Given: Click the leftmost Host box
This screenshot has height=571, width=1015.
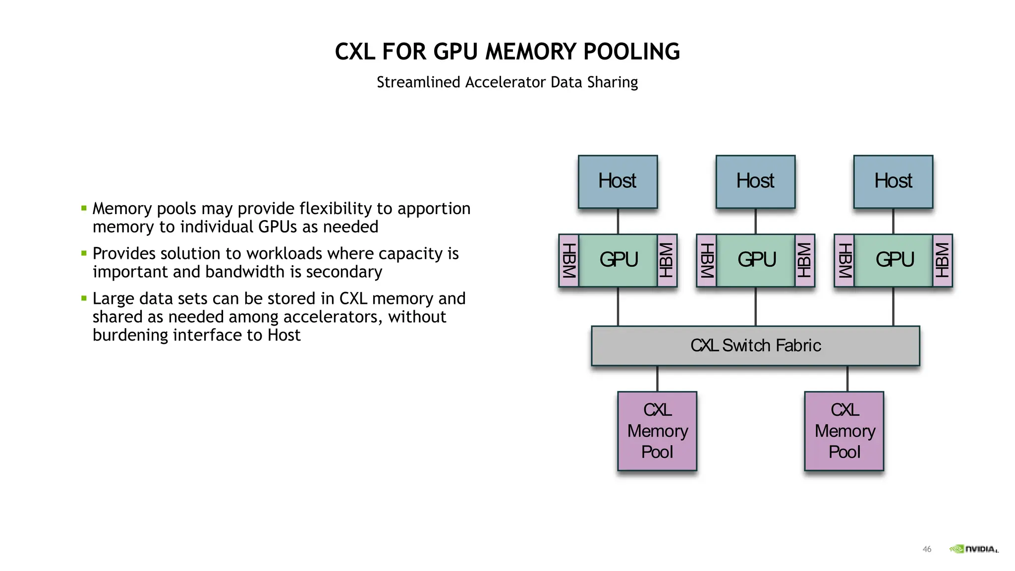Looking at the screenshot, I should (618, 181).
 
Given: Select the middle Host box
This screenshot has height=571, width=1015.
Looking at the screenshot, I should (755, 181).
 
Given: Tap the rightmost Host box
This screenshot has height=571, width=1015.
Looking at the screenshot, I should (893, 181).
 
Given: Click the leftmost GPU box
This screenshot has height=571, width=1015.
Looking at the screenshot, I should (618, 260).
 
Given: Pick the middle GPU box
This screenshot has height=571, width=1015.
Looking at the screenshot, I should (756, 260).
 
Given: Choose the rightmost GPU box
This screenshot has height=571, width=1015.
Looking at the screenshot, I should (894, 260).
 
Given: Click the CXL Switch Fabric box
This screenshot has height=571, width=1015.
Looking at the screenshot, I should (755, 345).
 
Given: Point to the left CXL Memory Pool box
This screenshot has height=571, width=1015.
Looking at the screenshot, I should (657, 431).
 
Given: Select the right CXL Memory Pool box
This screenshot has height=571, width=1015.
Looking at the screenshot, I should (844, 431).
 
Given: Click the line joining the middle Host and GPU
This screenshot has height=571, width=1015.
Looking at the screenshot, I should (755, 221).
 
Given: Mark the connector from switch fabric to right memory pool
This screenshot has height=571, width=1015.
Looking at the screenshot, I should (847, 379).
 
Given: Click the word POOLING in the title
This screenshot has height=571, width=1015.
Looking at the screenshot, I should (631, 52).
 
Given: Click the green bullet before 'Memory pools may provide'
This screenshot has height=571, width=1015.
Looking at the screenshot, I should (84, 208).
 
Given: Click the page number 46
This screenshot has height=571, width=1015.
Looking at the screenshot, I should (927, 549).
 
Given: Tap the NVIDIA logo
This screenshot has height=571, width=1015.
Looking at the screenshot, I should (974, 549).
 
